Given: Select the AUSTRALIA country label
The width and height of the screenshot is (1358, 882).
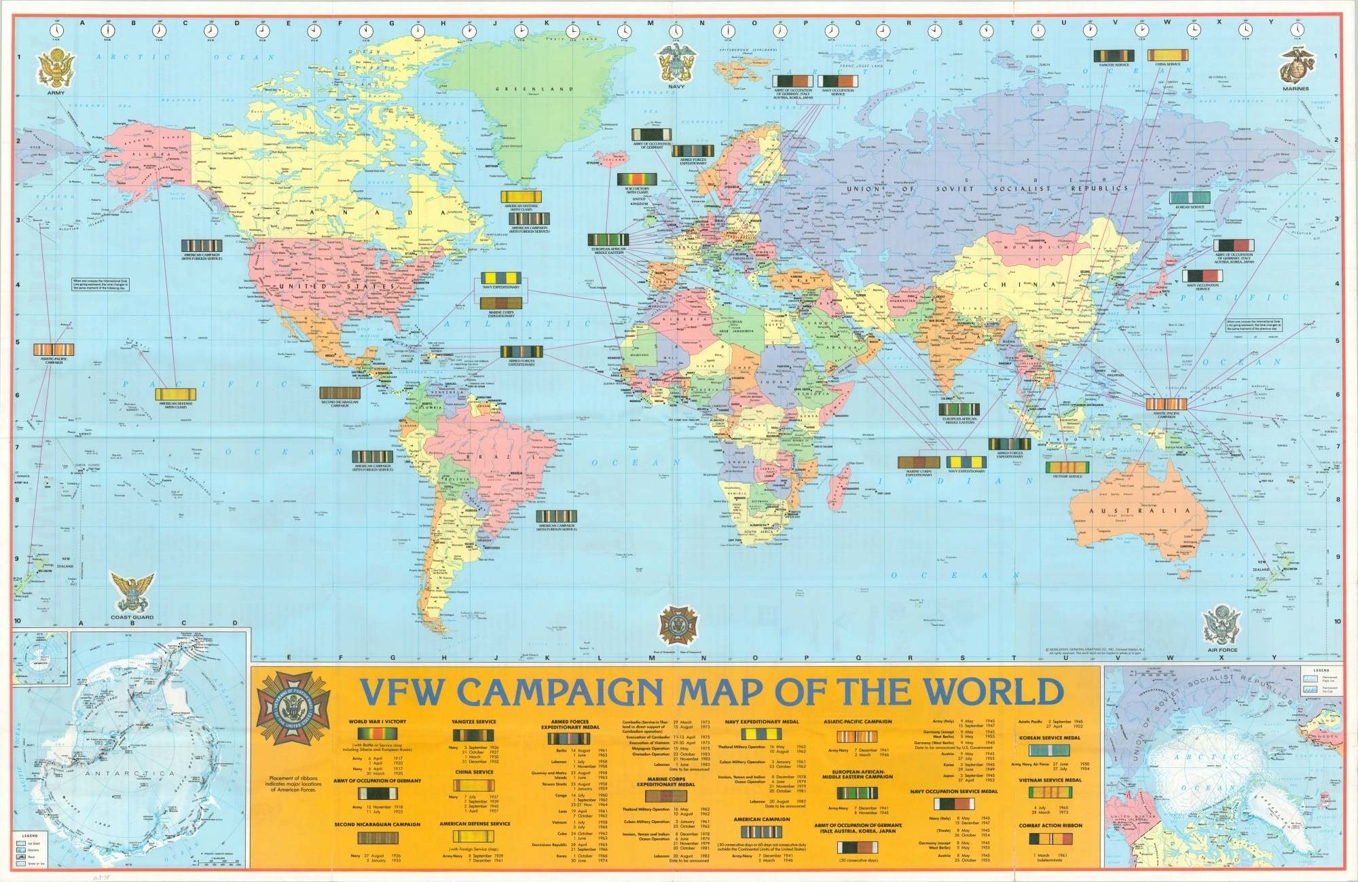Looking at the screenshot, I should coord(1139,511).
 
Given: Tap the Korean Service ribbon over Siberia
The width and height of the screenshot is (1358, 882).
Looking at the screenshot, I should coord(1188,198).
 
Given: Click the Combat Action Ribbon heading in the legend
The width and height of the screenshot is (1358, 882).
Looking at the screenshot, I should coord(1049,826).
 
